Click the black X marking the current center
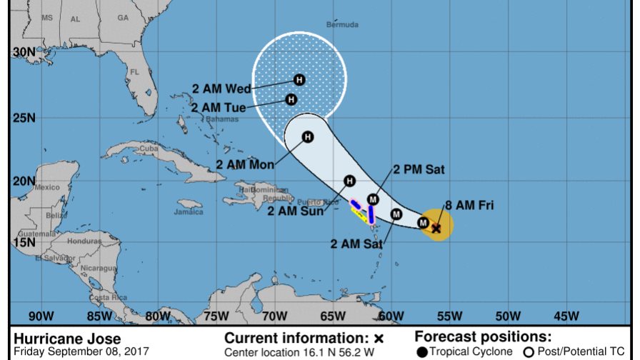pos(436,228)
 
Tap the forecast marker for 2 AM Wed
pos(299,80)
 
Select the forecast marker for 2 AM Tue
pos(291,99)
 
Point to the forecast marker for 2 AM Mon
pos(308,136)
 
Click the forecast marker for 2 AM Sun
pos(349,181)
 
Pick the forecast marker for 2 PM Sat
pos(373,199)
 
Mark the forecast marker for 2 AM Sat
pos(396,214)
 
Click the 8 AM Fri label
pos(469,206)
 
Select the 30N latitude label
pos(23,52)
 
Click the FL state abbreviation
pos(134,72)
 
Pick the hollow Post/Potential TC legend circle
pos(529,351)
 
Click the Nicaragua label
pos(98,268)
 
